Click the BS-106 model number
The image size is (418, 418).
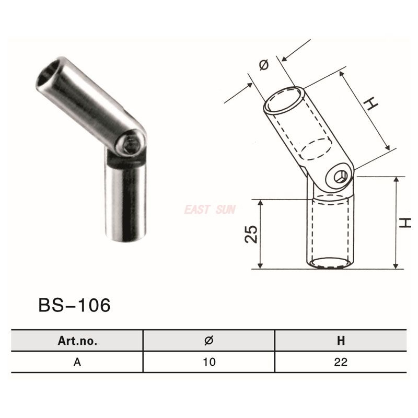pos(74,305)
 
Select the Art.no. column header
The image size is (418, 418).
pos(77,341)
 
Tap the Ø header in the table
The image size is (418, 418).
pos(209,341)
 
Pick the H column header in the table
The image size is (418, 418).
pos(341,341)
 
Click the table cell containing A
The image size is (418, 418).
pos(77,362)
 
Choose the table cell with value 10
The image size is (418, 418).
pos(209,362)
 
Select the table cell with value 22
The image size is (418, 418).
pos(341,362)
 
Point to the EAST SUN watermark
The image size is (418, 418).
pos(210,210)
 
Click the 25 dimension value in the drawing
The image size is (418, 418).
pos(251,234)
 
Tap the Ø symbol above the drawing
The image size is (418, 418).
pos(264,65)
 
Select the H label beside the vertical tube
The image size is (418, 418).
pos(406,222)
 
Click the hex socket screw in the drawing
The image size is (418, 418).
pos(341,177)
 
